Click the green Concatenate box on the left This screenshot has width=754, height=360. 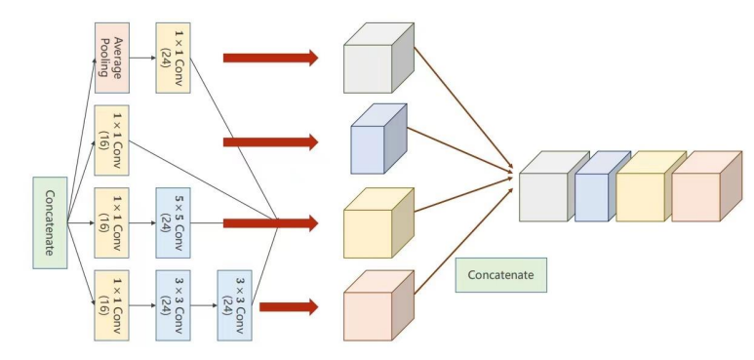point(49,222)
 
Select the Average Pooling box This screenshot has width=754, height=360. point(111,58)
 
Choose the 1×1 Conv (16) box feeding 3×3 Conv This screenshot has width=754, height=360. point(111,305)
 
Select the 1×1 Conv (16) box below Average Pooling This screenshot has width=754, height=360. point(111,140)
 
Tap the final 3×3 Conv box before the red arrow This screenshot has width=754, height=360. point(235,305)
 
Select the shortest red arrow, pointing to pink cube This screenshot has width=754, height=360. point(289,307)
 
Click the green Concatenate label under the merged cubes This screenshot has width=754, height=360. point(500,275)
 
